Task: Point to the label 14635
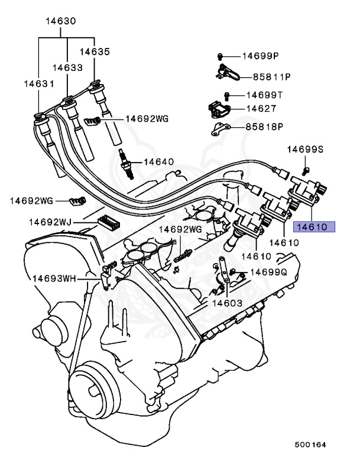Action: tap(95, 51)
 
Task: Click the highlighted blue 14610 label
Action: tap(315, 226)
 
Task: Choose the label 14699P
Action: tap(261, 56)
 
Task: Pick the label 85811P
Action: tap(273, 77)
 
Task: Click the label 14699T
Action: tap(265, 95)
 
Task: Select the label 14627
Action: tap(262, 109)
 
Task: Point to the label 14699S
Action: tap(305, 150)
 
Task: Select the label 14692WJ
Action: tap(50, 222)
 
